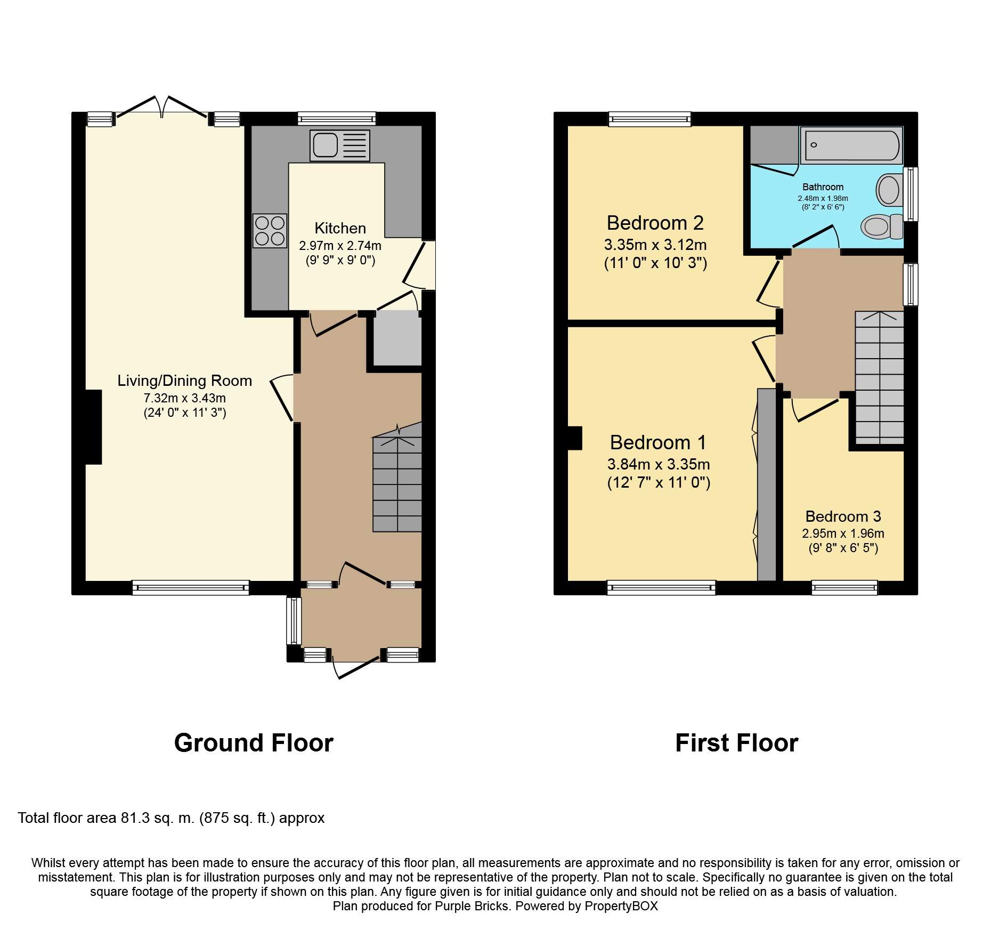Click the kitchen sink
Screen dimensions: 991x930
[x=340, y=145]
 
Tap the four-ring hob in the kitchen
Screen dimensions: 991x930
[x=270, y=231]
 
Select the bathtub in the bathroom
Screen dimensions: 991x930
[x=851, y=145]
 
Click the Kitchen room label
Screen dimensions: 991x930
[x=340, y=228]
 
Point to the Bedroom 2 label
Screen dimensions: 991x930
[x=655, y=223]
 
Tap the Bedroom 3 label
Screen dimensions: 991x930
[x=843, y=516]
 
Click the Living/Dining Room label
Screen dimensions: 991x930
[x=185, y=381]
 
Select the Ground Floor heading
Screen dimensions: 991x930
[x=254, y=743]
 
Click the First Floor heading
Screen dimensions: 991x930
[x=737, y=743]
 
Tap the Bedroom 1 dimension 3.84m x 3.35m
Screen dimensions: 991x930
[x=659, y=464]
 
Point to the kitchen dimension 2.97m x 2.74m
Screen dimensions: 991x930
[x=340, y=246]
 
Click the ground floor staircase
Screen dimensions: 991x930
[x=397, y=478]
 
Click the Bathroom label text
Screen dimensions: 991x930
[x=823, y=187]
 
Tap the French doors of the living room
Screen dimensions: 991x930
[x=162, y=107]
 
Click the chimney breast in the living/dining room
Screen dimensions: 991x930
[x=93, y=427]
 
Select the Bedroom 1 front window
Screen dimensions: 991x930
[x=661, y=587]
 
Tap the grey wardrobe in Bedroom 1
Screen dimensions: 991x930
[x=767, y=484]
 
